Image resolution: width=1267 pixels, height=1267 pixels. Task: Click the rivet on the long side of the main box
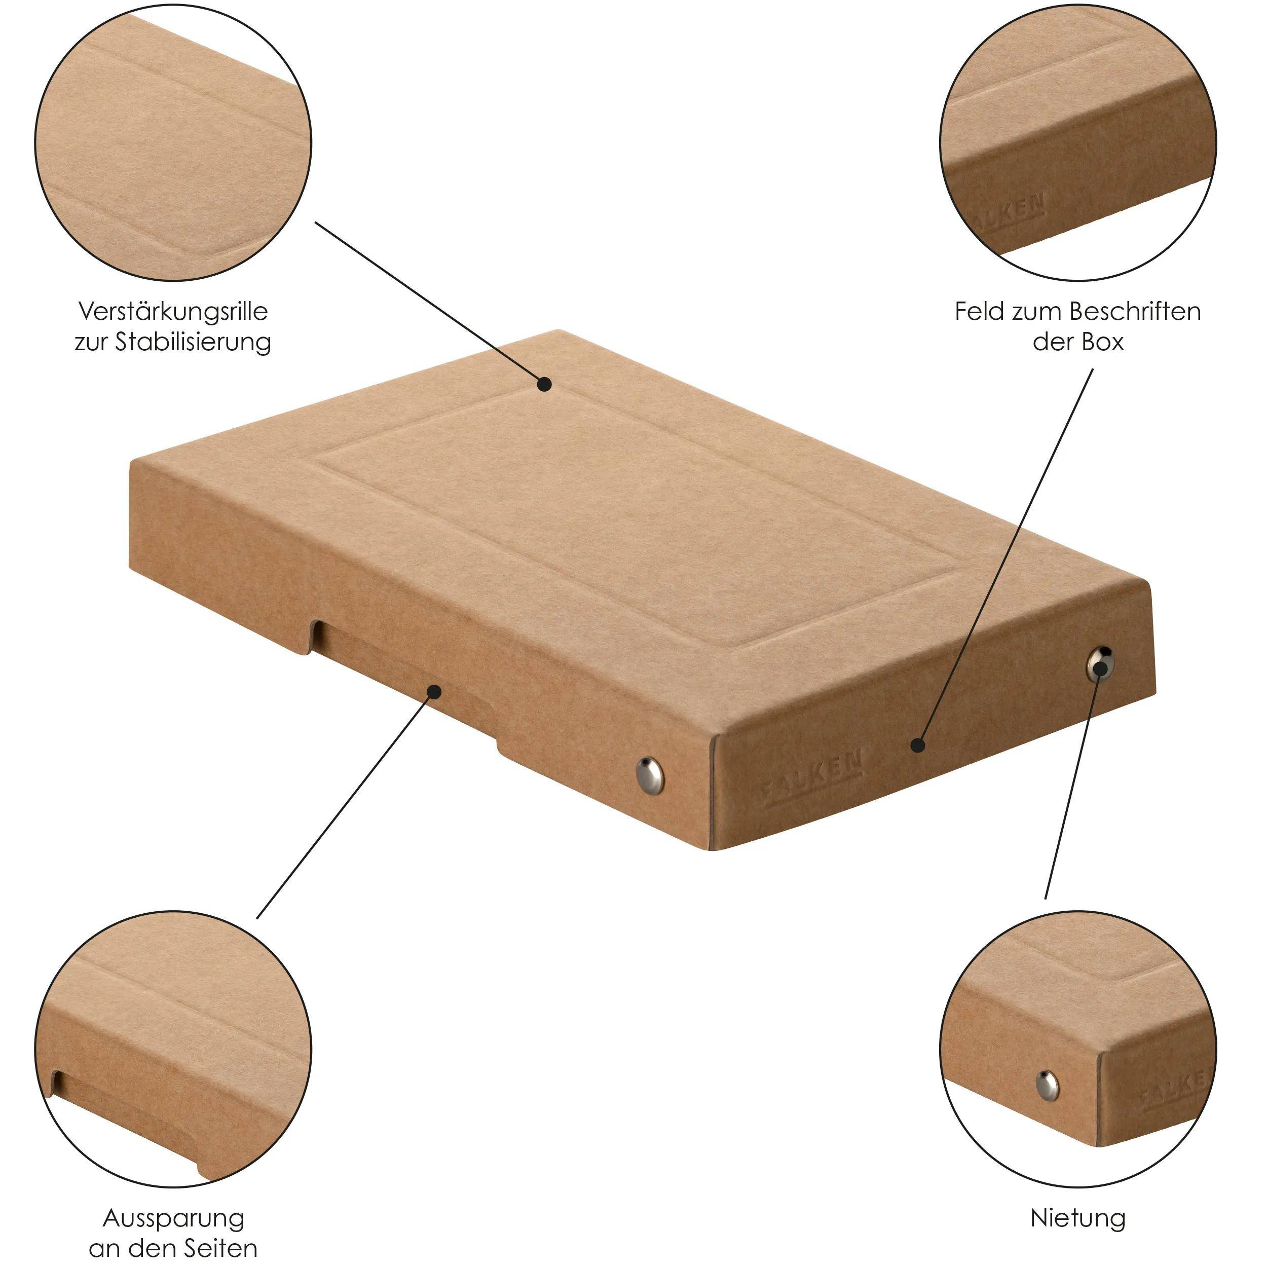click(649, 773)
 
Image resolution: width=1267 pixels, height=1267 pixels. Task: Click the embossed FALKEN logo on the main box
click(813, 779)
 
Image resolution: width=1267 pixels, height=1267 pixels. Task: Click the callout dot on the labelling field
click(918, 746)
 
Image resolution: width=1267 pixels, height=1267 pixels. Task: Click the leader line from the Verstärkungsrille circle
click(426, 302)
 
